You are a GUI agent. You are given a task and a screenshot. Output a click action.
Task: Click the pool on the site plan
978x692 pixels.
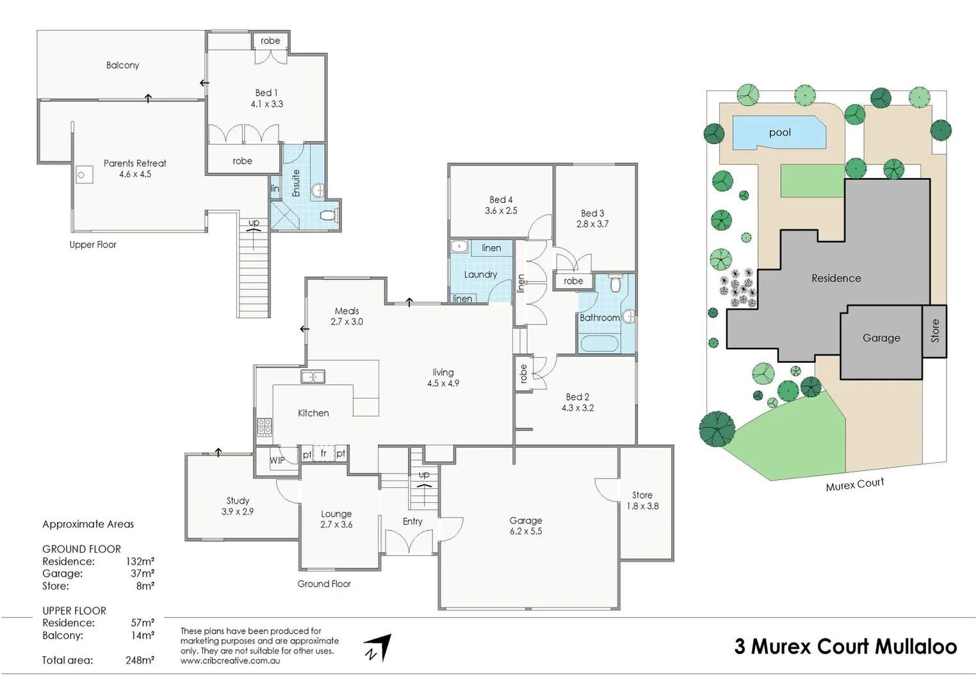[x=779, y=133]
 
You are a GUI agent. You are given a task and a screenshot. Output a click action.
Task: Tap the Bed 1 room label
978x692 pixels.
[x=266, y=93]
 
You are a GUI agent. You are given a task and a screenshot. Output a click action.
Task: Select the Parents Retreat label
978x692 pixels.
[x=134, y=163]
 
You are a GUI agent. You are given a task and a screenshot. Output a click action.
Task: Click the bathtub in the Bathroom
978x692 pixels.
[x=599, y=343]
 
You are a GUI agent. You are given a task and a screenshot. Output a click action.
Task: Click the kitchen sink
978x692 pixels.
[x=313, y=377]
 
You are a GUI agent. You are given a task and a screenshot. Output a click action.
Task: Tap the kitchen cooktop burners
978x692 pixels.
[x=264, y=426]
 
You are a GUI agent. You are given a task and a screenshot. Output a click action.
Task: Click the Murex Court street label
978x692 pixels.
[x=854, y=484]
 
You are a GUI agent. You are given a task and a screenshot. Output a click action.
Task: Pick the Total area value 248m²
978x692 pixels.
[x=140, y=661]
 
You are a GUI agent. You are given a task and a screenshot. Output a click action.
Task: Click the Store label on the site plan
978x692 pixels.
[x=934, y=331]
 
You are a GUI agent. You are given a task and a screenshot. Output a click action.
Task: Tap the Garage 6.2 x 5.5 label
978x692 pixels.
[x=526, y=526]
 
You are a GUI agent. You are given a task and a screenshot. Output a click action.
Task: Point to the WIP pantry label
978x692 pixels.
[x=277, y=460]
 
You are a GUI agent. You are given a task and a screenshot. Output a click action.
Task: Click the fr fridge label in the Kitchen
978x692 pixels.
[x=323, y=453]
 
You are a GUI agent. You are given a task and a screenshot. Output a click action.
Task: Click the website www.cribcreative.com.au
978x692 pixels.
[x=230, y=661]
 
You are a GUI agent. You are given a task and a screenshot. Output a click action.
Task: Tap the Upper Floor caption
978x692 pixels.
[x=93, y=245]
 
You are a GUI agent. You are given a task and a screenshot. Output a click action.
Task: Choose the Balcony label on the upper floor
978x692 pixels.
[x=122, y=65]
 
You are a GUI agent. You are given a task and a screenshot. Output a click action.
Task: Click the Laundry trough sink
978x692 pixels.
[x=459, y=247]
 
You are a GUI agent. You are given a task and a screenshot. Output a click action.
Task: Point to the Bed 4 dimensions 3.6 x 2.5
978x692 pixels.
[x=501, y=211]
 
